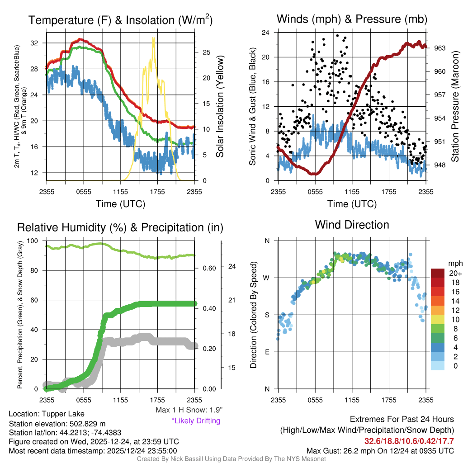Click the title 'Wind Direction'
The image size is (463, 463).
pyautogui.click(x=352, y=225)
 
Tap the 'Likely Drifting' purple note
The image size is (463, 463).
pyautogui.click(x=196, y=421)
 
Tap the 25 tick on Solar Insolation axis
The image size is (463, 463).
pyautogui.click(x=206, y=52)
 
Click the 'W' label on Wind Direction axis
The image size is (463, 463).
pyautogui.click(x=267, y=278)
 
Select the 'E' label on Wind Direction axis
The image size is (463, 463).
pyautogui.click(x=267, y=352)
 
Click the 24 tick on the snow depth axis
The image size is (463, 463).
pyautogui.click(x=231, y=266)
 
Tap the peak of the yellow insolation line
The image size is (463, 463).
pyautogui.click(x=154, y=39)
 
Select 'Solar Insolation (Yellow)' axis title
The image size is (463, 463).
pyautogui.click(x=220, y=107)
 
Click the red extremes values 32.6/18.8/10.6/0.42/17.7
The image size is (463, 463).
pyautogui.click(x=409, y=441)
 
